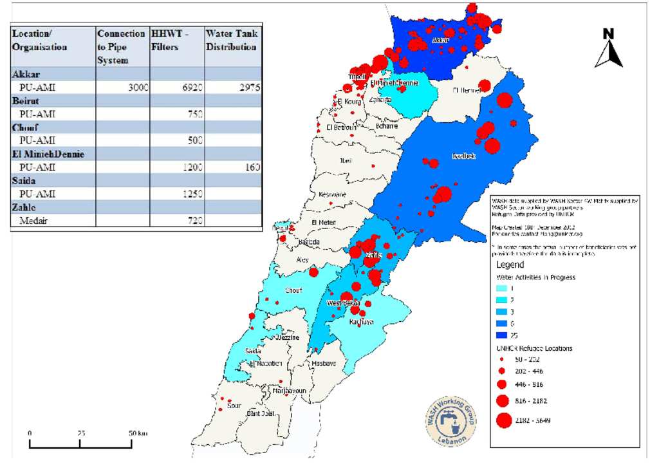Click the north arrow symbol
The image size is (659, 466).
608,49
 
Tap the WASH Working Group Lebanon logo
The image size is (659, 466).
450,418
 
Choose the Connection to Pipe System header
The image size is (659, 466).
121,46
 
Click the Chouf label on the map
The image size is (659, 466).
293,290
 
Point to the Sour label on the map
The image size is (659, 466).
234,405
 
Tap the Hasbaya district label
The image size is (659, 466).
324,364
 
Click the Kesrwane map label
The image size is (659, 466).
332,194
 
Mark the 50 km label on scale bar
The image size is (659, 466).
137,433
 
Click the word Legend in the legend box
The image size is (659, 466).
510,265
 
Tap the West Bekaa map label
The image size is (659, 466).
343,303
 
